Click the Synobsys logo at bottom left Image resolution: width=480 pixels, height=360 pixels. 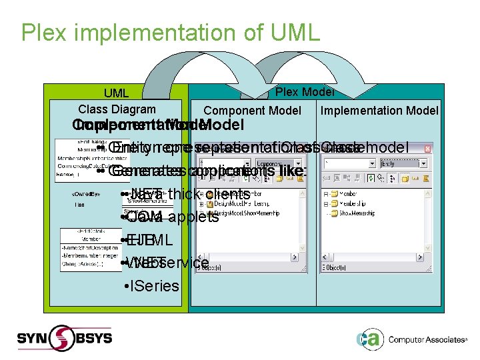tap(67, 338)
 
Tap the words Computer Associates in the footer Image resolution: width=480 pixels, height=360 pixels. tap(427, 340)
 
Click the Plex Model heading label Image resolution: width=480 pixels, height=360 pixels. tap(305, 92)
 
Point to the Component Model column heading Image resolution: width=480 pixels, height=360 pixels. tap(252, 111)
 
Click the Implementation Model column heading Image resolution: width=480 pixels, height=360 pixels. tap(379, 111)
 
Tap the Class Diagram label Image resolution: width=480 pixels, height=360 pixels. tap(117, 109)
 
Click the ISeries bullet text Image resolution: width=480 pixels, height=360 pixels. tap(155, 286)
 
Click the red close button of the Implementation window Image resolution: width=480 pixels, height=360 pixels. tap(433, 145)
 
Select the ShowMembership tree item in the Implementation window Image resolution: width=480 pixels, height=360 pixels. tap(364, 213)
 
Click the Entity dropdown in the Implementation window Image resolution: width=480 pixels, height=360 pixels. tap(403, 162)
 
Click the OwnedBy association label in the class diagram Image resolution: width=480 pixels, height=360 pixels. tap(87, 194)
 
